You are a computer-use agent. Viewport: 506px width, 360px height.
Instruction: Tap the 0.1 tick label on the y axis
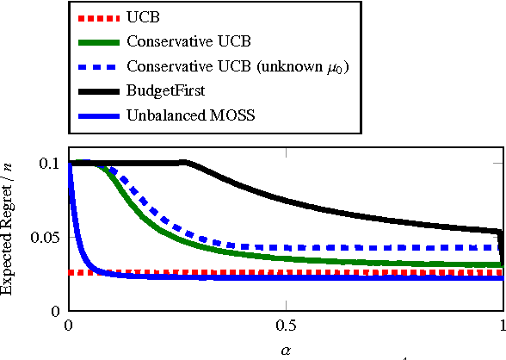(50, 163)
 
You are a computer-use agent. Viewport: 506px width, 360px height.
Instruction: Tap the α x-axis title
(286, 351)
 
